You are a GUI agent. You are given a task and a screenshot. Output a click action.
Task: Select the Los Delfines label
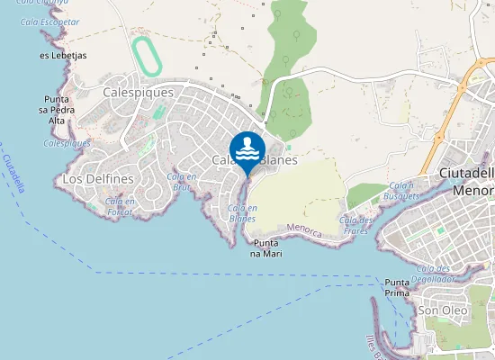click(x=98, y=179)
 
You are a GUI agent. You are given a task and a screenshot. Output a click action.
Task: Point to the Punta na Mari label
click(x=268, y=247)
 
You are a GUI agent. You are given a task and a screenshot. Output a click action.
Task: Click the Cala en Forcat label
click(x=121, y=207)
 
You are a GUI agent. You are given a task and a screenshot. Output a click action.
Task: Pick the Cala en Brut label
click(x=182, y=182)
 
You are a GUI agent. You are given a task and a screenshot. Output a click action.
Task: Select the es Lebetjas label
click(x=63, y=55)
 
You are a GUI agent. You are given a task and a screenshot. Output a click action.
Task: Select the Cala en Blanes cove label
click(x=242, y=213)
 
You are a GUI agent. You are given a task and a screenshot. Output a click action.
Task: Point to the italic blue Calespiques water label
click(x=67, y=143)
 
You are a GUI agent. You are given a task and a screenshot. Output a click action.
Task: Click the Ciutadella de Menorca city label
click(x=465, y=181)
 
